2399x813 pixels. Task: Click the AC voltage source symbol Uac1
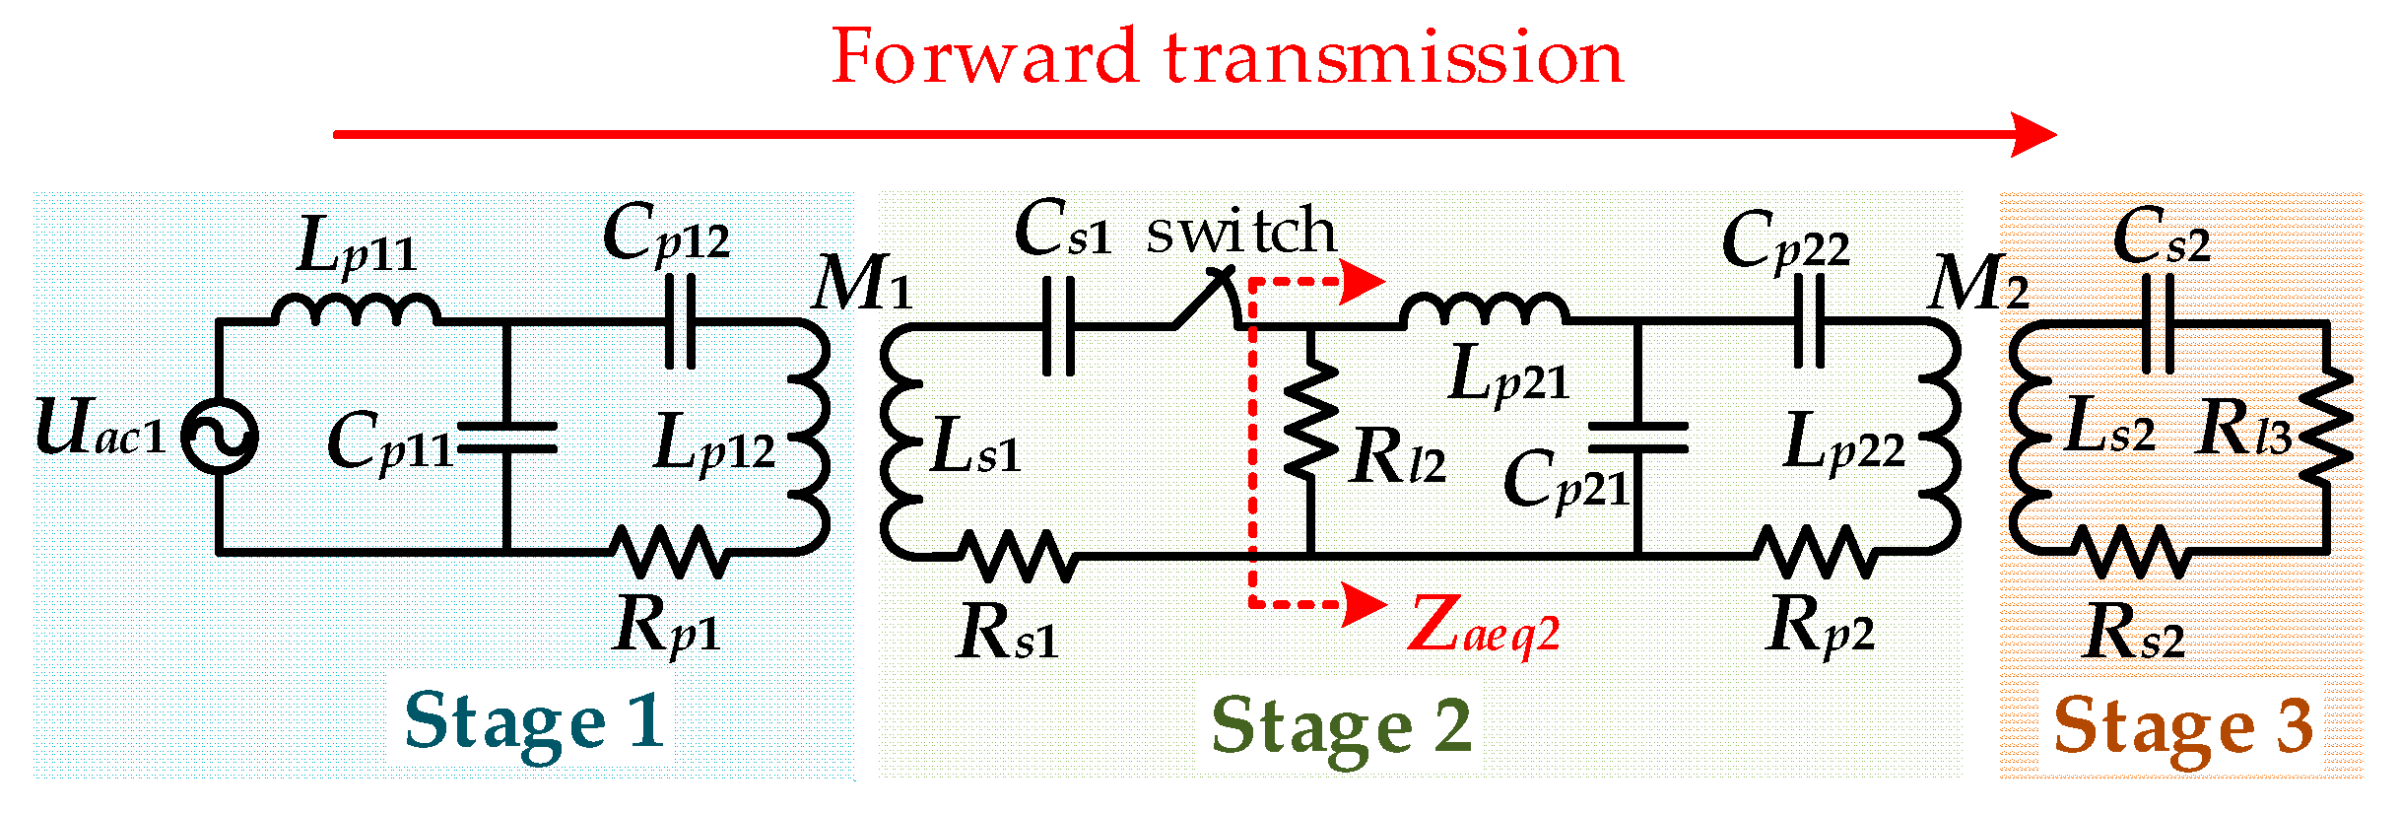(x=220, y=437)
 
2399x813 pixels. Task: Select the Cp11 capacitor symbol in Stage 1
(x=506, y=438)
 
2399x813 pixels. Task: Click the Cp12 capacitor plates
(x=680, y=321)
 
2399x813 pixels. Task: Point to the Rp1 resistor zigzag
(x=669, y=551)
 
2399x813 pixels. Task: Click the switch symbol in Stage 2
(x=1204, y=299)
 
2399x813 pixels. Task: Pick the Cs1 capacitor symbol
(x=1058, y=325)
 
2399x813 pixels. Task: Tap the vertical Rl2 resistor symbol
(x=1309, y=420)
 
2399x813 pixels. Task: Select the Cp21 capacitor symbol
(x=1637, y=438)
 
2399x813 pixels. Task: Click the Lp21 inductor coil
(x=1484, y=310)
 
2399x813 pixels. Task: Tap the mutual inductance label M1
(x=861, y=284)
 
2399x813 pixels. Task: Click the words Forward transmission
(x=1227, y=57)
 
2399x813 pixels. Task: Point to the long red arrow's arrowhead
(x=2032, y=134)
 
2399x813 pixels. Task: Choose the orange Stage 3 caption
(x=2182, y=726)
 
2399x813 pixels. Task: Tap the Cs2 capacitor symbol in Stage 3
(x=2158, y=323)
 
